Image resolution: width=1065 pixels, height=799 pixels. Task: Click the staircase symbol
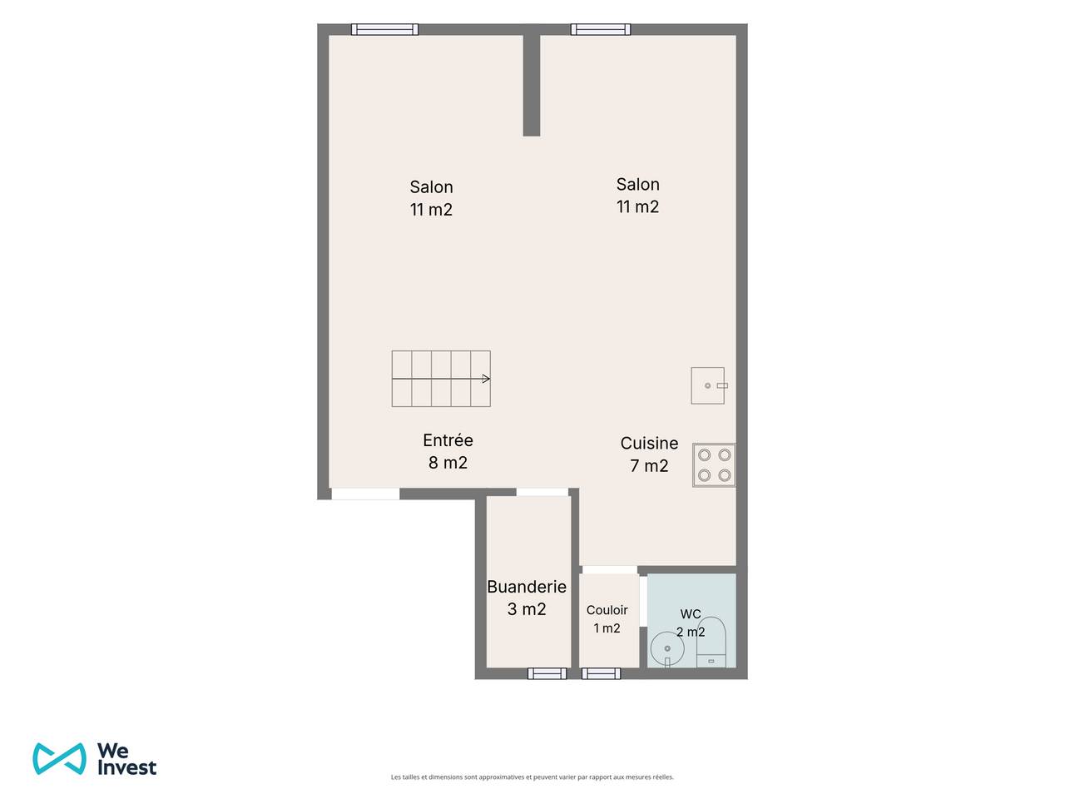coord(440,379)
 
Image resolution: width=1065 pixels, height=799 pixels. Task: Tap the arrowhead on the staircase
coord(486,379)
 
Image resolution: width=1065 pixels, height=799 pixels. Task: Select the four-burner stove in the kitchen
coord(714,464)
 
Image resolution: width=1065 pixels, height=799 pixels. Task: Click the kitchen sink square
coord(708,385)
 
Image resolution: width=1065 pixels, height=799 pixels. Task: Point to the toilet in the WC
coord(711,642)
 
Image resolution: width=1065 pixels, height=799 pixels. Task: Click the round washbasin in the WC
coord(666,649)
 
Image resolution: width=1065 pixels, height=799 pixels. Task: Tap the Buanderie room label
coord(527,587)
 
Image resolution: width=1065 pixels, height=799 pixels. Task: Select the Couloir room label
coord(607,610)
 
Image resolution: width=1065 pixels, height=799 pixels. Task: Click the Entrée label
coord(448,440)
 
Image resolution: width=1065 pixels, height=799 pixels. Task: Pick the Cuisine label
coord(649,443)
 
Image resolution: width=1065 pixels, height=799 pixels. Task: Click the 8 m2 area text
coord(448,462)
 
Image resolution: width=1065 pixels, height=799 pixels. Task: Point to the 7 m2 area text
coord(649,466)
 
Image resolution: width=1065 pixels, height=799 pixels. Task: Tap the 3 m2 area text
coord(527,609)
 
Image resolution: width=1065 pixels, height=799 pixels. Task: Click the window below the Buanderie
coord(547,673)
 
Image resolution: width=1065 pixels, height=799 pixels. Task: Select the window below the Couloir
coord(601,673)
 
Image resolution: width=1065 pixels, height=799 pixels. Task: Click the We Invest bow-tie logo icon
coord(59,758)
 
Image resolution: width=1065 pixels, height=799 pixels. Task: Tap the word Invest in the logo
coord(126,767)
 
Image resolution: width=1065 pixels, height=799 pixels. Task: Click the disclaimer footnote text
coord(532,777)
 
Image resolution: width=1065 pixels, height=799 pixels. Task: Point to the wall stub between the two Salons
coord(532,86)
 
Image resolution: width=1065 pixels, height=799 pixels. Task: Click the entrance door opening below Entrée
coord(365,494)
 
